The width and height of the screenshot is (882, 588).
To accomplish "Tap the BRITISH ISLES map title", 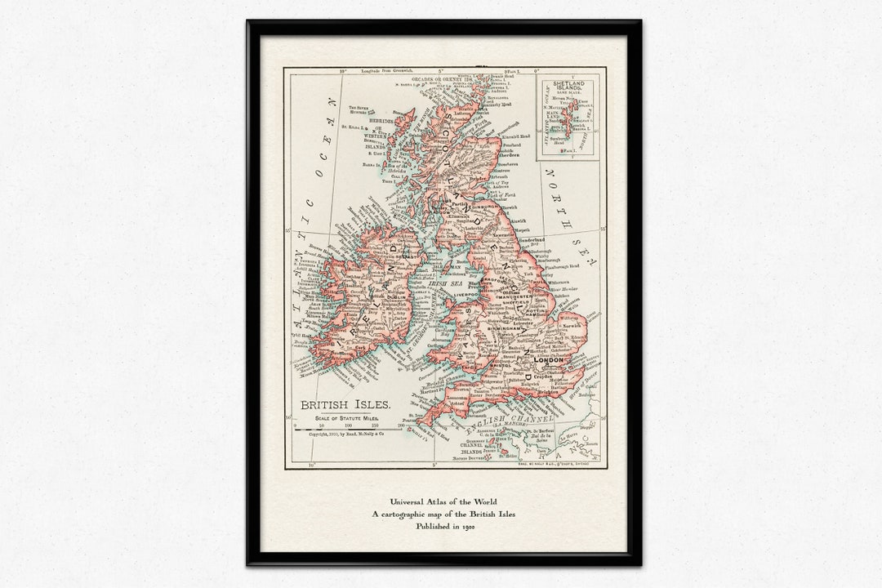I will click(x=345, y=404).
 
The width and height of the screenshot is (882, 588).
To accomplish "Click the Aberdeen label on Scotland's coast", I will click(x=510, y=155).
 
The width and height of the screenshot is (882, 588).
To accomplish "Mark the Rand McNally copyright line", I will click(x=346, y=434).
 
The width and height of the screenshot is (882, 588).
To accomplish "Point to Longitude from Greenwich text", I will click(x=358, y=73).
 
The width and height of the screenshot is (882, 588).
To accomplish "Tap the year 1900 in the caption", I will click(x=467, y=527).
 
